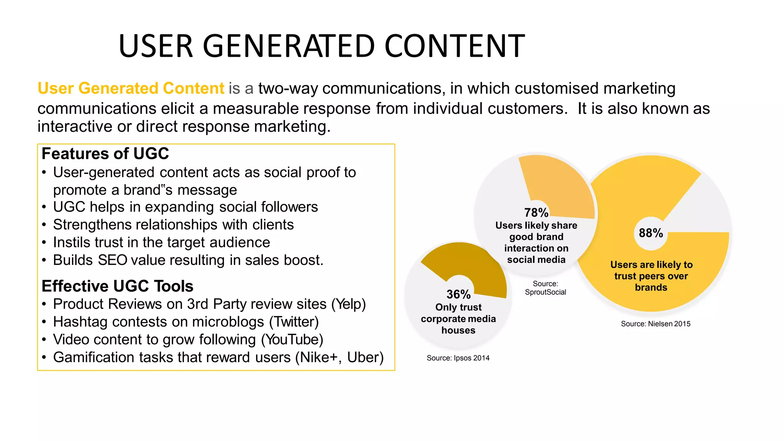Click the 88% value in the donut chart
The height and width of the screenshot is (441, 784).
pyautogui.click(x=651, y=233)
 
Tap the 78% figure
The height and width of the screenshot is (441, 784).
pyautogui.click(x=536, y=212)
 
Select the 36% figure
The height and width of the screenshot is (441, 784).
pyautogui.click(x=458, y=294)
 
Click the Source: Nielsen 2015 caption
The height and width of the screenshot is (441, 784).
pyautogui.click(x=655, y=324)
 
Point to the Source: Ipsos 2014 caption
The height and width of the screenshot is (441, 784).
pyautogui.click(x=458, y=358)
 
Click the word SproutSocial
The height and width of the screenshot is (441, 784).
pyautogui.click(x=545, y=292)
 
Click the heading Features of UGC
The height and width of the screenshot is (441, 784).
pyautogui.click(x=105, y=154)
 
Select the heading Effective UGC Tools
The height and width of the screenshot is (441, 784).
pyautogui.click(x=118, y=286)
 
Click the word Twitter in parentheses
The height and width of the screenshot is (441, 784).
pyautogui.click(x=294, y=322)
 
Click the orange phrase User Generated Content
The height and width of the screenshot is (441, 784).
pyautogui.click(x=131, y=88)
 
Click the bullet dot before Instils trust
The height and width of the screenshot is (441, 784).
pyautogui.click(x=44, y=243)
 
